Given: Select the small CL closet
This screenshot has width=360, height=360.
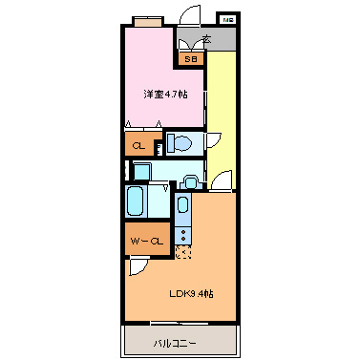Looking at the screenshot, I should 138,145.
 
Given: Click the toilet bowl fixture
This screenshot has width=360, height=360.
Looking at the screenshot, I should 181,144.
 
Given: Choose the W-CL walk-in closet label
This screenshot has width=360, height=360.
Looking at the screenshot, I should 146,242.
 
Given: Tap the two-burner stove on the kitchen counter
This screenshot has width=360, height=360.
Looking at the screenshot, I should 182,234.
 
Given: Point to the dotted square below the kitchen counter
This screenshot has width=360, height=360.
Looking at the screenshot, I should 183,252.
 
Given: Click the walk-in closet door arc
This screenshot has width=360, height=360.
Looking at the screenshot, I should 140,267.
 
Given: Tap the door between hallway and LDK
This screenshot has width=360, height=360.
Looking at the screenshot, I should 222,181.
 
